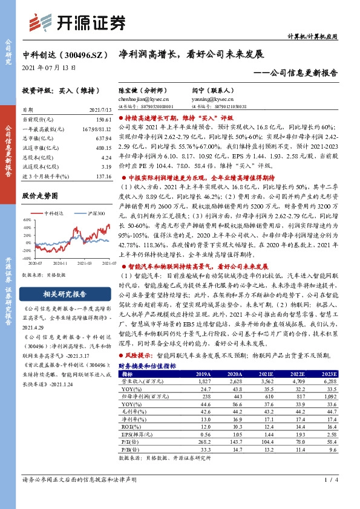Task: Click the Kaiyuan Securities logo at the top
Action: click(78, 22)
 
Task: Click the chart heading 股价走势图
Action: click(39, 196)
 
